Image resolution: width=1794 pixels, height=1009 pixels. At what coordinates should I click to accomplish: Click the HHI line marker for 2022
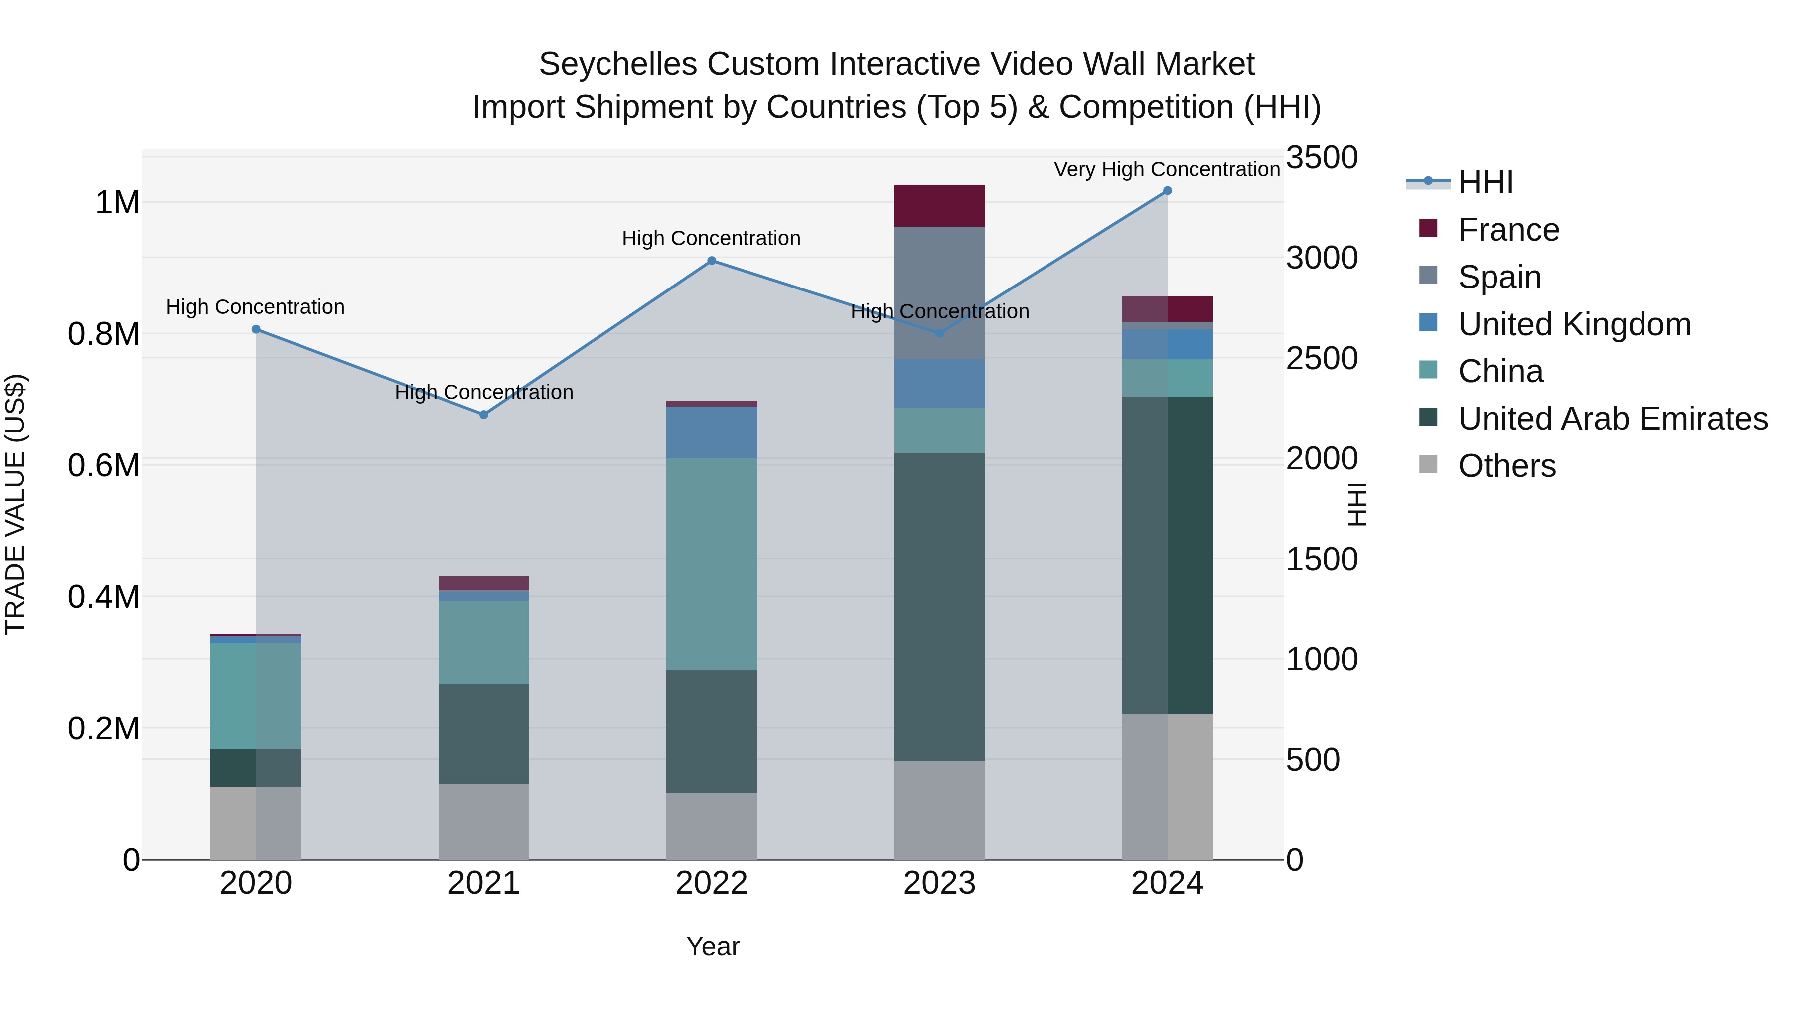[x=711, y=261]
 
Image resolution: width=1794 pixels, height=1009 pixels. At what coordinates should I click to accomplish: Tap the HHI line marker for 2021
[x=484, y=415]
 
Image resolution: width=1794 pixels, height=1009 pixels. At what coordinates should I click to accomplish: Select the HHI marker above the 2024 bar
[x=1167, y=191]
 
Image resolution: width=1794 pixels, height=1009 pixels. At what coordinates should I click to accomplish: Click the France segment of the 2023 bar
[x=939, y=206]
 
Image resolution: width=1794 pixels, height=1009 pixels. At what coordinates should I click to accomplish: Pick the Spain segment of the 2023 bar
[x=939, y=292]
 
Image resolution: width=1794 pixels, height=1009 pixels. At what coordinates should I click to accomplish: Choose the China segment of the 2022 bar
[x=711, y=564]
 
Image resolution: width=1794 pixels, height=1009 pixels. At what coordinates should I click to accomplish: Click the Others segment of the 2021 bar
[x=484, y=822]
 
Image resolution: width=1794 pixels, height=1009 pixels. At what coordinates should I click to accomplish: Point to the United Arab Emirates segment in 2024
[x=1167, y=555]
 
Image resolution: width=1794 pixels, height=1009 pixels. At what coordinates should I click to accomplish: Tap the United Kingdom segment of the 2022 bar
[x=711, y=432]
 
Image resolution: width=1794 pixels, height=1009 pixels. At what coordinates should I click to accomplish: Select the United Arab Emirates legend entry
[x=1612, y=419]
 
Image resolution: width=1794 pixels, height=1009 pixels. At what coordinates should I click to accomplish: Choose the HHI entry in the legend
[x=1485, y=182]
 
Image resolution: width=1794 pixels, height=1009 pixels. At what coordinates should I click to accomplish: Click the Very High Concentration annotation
[x=1167, y=169]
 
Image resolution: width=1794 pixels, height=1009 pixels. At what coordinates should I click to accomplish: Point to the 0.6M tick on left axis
[x=103, y=465]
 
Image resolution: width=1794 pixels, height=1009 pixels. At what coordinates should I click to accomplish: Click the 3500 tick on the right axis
[x=1321, y=157]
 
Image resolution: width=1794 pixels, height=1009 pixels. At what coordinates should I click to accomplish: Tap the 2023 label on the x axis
[x=939, y=883]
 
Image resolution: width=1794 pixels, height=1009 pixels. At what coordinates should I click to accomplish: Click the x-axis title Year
[x=713, y=946]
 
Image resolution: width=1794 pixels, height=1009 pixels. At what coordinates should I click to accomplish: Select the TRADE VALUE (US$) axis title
[x=15, y=504]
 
